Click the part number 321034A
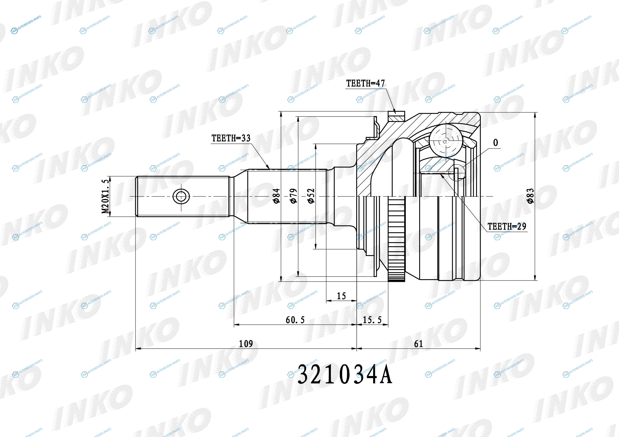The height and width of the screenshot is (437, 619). (x=345, y=375)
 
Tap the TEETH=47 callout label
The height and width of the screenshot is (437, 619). (x=365, y=83)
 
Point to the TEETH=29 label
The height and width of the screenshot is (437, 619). (x=507, y=227)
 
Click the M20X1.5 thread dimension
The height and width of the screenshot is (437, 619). (x=106, y=196)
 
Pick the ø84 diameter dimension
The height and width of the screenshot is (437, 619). (x=277, y=196)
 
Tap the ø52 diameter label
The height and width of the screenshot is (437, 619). (x=311, y=196)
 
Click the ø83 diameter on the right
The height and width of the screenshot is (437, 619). (x=530, y=196)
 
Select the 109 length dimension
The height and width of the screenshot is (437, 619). (x=246, y=344)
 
